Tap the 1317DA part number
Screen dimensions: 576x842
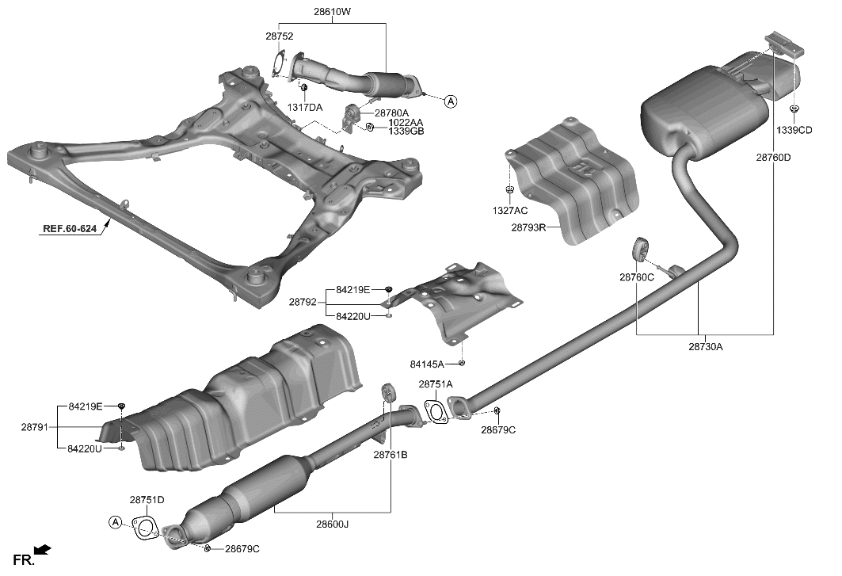[x=304, y=107]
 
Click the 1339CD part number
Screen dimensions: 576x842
[x=794, y=130]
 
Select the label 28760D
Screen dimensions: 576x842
[x=772, y=157]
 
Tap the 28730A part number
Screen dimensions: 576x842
[x=705, y=346]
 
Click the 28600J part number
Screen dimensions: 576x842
[x=332, y=524]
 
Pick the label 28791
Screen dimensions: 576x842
[x=36, y=427]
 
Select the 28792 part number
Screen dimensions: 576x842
[x=303, y=302]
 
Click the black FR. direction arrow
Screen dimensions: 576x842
[x=43, y=548]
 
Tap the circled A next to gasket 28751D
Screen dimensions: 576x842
[x=115, y=521]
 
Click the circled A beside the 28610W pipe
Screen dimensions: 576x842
[x=450, y=101]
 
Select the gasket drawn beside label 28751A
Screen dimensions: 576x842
[x=434, y=411]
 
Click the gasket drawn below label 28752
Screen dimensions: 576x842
[x=277, y=63]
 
